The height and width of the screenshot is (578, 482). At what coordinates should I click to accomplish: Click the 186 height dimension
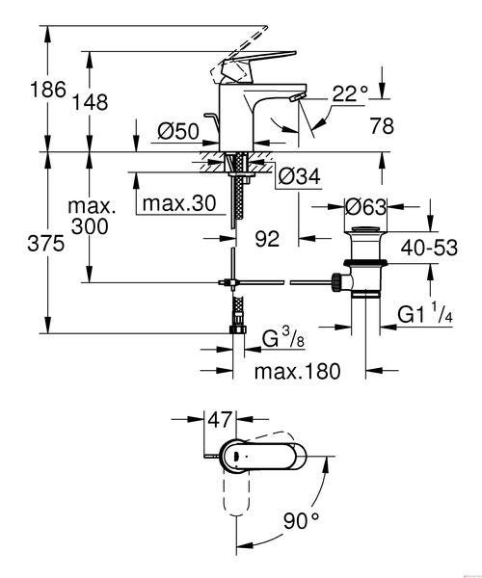[x=48, y=90]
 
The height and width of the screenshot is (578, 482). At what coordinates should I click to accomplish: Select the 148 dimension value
[x=90, y=102]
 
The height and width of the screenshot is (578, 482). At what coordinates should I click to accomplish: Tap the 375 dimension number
[x=45, y=244]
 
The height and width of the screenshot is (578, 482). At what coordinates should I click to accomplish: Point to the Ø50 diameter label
[x=178, y=130]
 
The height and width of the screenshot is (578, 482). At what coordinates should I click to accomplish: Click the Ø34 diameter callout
[x=300, y=176]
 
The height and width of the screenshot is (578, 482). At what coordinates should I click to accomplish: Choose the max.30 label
[x=179, y=203]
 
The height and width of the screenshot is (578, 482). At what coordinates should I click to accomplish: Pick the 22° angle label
[x=350, y=93]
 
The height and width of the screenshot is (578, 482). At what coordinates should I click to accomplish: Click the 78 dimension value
[x=382, y=125]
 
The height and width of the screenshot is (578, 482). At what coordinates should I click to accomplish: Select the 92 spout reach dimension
[x=267, y=239]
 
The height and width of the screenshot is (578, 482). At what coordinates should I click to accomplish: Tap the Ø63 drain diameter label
[x=365, y=207]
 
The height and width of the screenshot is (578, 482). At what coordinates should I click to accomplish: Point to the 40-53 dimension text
[x=429, y=248]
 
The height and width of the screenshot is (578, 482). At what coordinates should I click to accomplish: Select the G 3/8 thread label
[x=283, y=338]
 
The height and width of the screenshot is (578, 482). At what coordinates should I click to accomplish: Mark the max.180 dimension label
[x=297, y=371]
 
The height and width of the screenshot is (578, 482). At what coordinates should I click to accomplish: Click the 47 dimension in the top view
[x=220, y=419]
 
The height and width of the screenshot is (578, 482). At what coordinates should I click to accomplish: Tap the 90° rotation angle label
[x=301, y=520]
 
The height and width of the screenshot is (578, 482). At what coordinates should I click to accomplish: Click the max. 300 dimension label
[x=91, y=217]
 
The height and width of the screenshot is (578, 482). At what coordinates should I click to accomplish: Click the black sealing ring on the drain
[x=365, y=262]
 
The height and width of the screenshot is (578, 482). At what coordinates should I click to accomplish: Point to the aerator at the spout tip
[x=297, y=97]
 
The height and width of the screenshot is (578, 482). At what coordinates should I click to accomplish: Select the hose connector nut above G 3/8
[x=238, y=328]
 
